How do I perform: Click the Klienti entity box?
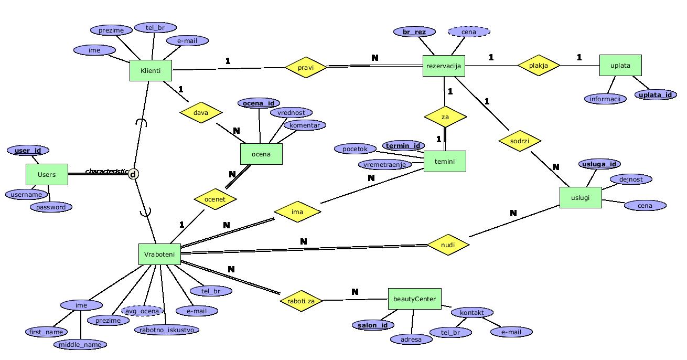(x=151, y=70)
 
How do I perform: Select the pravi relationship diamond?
(x=306, y=67)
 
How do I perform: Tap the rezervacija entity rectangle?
(x=444, y=66)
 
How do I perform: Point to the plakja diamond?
(x=539, y=66)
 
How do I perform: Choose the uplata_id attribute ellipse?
(x=655, y=95)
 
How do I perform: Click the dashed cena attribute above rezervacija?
(x=469, y=32)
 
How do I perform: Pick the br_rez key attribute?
(x=414, y=32)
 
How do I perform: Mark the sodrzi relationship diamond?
(x=519, y=141)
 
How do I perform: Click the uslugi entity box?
(x=581, y=197)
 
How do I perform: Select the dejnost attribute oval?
(x=631, y=179)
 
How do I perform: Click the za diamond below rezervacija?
(x=445, y=117)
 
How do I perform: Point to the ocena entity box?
(x=261, y=154)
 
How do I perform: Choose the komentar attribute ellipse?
(x=305, y=125)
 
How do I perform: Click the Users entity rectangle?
(x=47, y=175)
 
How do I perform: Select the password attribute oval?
(x=51, y=207)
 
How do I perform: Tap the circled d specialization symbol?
(x=133, y=174)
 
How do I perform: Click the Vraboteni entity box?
(x=159, y=255)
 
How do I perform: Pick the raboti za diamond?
(x=301, y=301)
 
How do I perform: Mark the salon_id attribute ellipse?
(x=372, y=325)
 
